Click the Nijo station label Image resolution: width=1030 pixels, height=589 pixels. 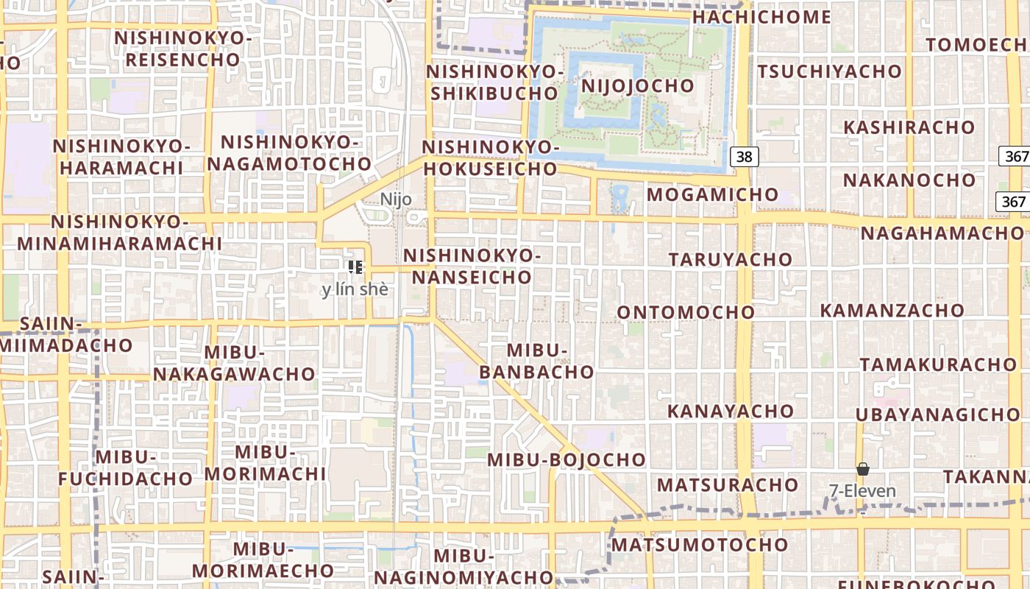[396, 200]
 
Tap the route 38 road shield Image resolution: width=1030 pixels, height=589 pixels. [745, 156]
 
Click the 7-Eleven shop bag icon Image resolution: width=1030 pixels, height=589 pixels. [862, 469]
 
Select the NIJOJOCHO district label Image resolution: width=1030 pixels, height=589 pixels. [637, 85]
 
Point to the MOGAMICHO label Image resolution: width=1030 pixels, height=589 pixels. [712, 194]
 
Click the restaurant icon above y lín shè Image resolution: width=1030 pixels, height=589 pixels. [355, 267]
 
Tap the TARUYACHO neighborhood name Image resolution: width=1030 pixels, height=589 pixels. [730, 259]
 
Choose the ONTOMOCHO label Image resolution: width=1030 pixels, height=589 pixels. [686, 312]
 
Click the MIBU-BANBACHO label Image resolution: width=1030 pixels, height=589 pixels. [536, 361]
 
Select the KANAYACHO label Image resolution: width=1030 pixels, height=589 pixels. [731, 411]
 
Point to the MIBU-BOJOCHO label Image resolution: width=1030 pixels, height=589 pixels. [566, 460]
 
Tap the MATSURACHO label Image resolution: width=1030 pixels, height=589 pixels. [727, 485]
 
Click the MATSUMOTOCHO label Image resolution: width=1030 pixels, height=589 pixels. [700, 545]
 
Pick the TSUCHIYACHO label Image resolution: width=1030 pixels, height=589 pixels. [829, 71]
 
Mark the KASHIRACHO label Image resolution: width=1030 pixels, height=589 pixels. [909, 127]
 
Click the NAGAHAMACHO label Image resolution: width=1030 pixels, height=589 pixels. [942, 233]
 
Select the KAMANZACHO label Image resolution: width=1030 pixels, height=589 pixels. [892, 311]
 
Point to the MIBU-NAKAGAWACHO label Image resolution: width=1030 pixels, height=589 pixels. [234, 363]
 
